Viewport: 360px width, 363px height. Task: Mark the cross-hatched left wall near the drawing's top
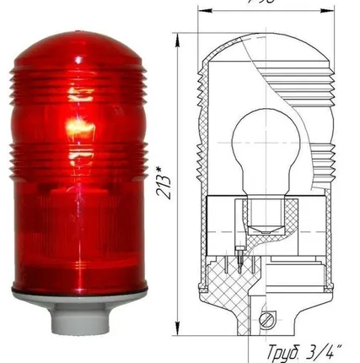203,101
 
